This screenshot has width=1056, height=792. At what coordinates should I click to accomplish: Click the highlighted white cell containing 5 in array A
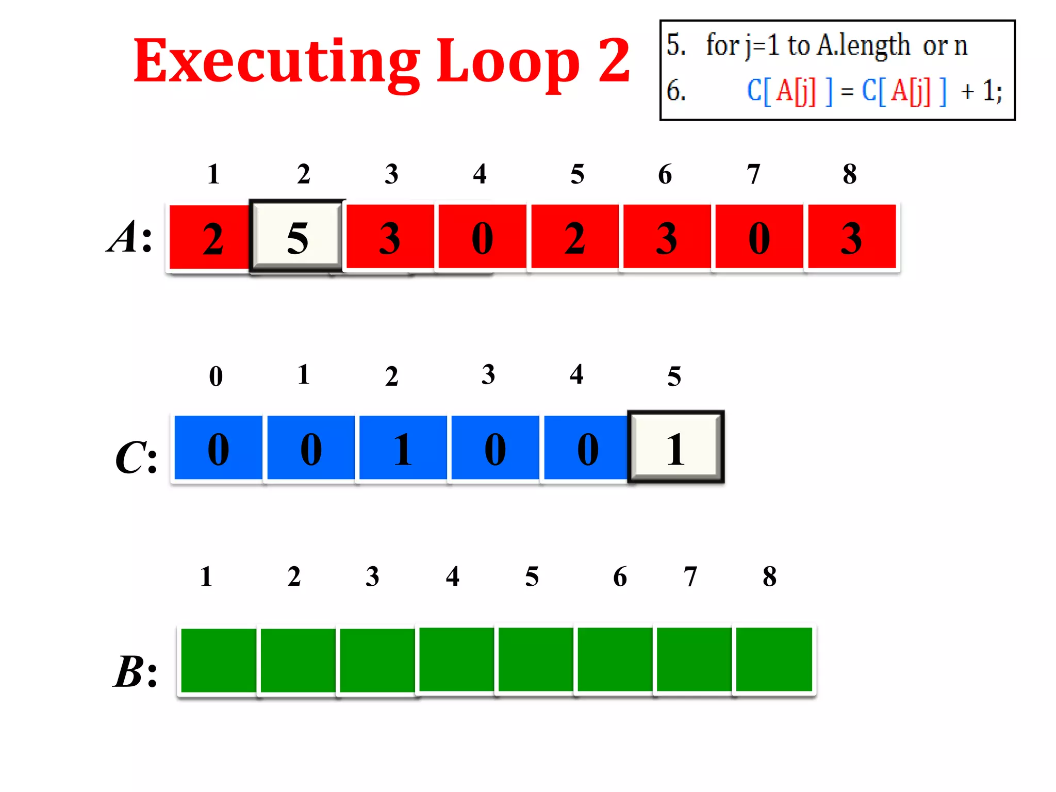pos(297,237)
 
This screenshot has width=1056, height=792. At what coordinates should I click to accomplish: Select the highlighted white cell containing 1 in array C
pos(675,447)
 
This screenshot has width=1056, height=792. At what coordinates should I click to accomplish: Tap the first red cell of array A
pos(210,237)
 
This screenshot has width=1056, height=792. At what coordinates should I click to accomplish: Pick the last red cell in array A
pos(851,237)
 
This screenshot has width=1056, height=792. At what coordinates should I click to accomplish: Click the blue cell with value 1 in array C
pos(403,448)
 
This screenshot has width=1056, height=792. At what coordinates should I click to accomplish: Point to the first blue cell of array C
pos(218,448)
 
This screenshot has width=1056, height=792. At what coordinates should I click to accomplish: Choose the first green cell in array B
pos(219,660)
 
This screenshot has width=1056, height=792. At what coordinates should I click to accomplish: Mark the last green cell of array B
pos(773,659)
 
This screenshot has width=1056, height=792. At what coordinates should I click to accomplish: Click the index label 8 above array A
pos(850,174)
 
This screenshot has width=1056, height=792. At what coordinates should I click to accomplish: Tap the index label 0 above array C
pos(216,376)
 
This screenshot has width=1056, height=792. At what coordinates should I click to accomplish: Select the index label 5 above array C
pos(674,376)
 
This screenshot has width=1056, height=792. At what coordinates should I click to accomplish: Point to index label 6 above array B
pos(620,576)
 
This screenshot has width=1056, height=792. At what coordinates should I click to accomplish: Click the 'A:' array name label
pos(130,237)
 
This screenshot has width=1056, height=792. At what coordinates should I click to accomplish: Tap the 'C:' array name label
pos(136,457)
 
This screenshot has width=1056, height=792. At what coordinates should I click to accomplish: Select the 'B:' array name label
pos(135,671)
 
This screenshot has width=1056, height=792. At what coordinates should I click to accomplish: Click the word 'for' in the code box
pos(722,45)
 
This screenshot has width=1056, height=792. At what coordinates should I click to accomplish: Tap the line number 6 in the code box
pos(675,91)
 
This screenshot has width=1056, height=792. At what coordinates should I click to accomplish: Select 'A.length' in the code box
pos(864,45)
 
